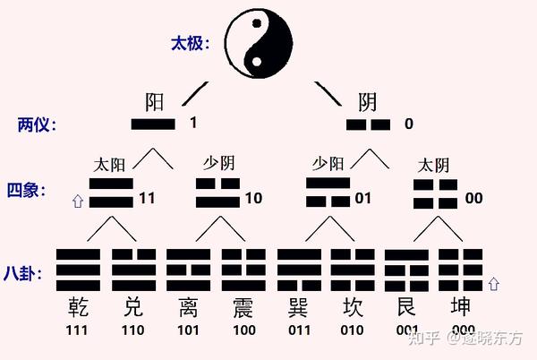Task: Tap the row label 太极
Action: (x=190, y=43)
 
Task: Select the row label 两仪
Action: (x=37, y=124)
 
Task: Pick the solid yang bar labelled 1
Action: (x=153, y=124)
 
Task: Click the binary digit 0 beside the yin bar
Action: (x=408, y=124)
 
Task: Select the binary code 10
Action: (x=253, y=197)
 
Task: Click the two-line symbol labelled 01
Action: (x=328, y=192)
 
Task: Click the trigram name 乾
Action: (x=78, y=310)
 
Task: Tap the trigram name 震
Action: (x=243, y=310)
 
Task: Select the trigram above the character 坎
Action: (x=354, y=266)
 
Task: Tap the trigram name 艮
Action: (x=407, y=310)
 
